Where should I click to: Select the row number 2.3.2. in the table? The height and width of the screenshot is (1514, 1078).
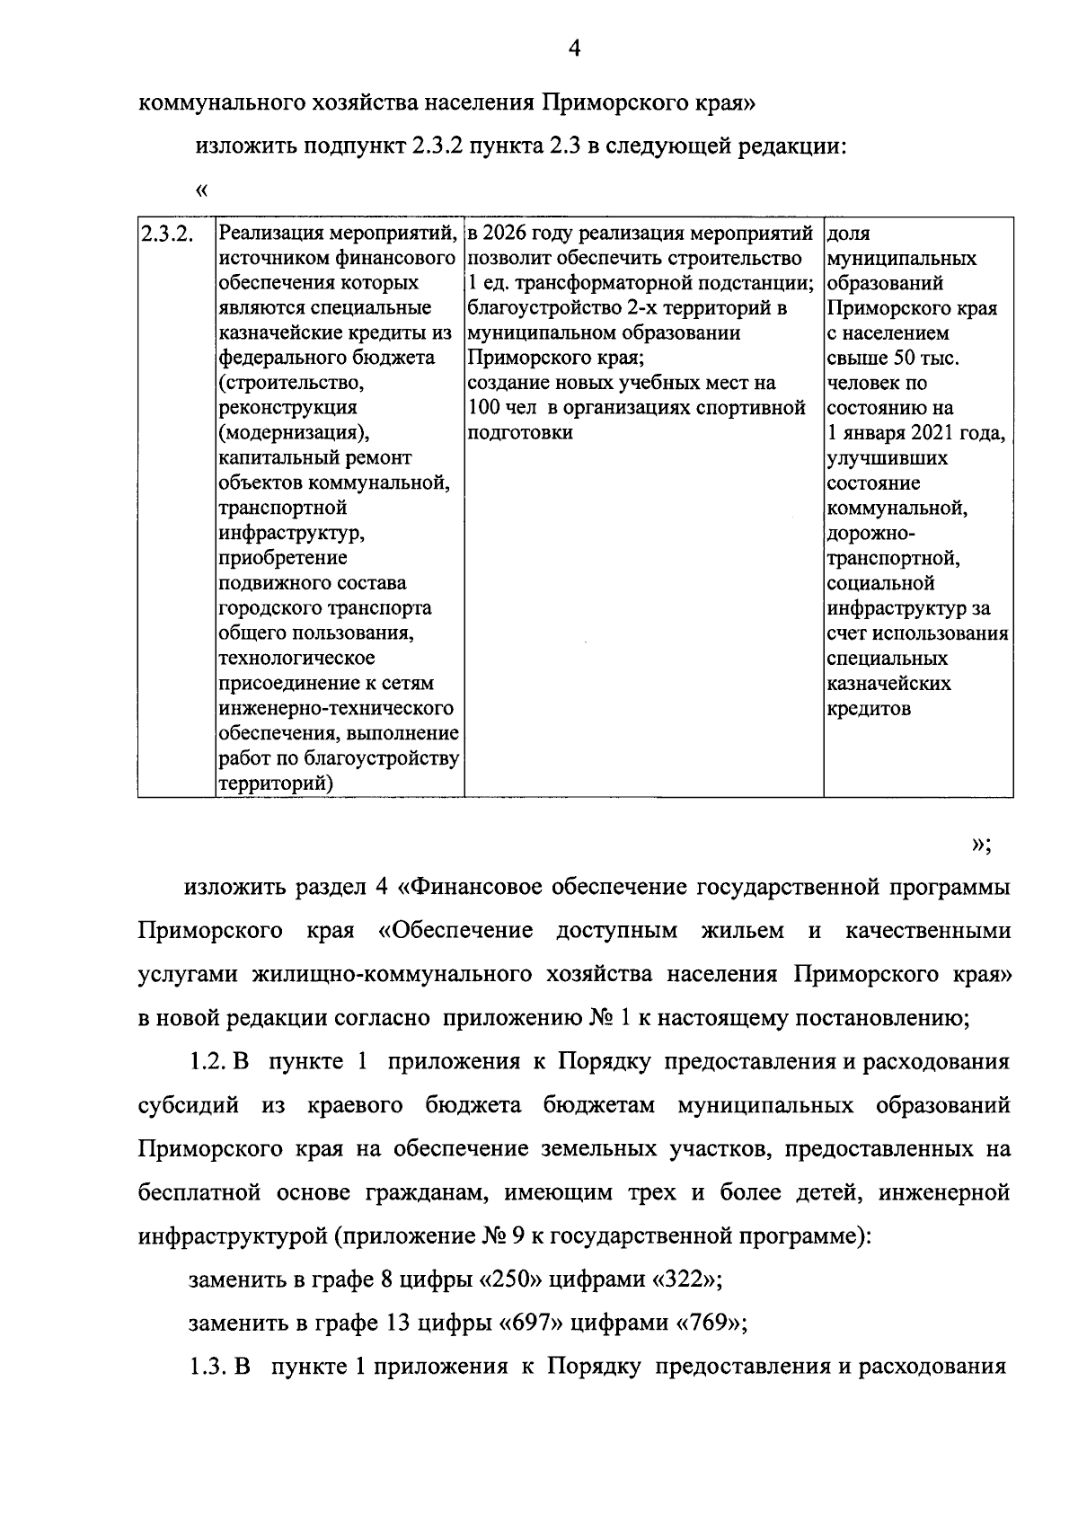[x=163, y=235]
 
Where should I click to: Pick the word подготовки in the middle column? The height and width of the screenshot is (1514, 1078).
[x=520, y=433]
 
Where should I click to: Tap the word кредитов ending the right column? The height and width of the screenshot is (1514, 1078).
[x=869, y=708]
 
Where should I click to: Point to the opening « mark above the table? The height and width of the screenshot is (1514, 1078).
[x=200, y=190]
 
